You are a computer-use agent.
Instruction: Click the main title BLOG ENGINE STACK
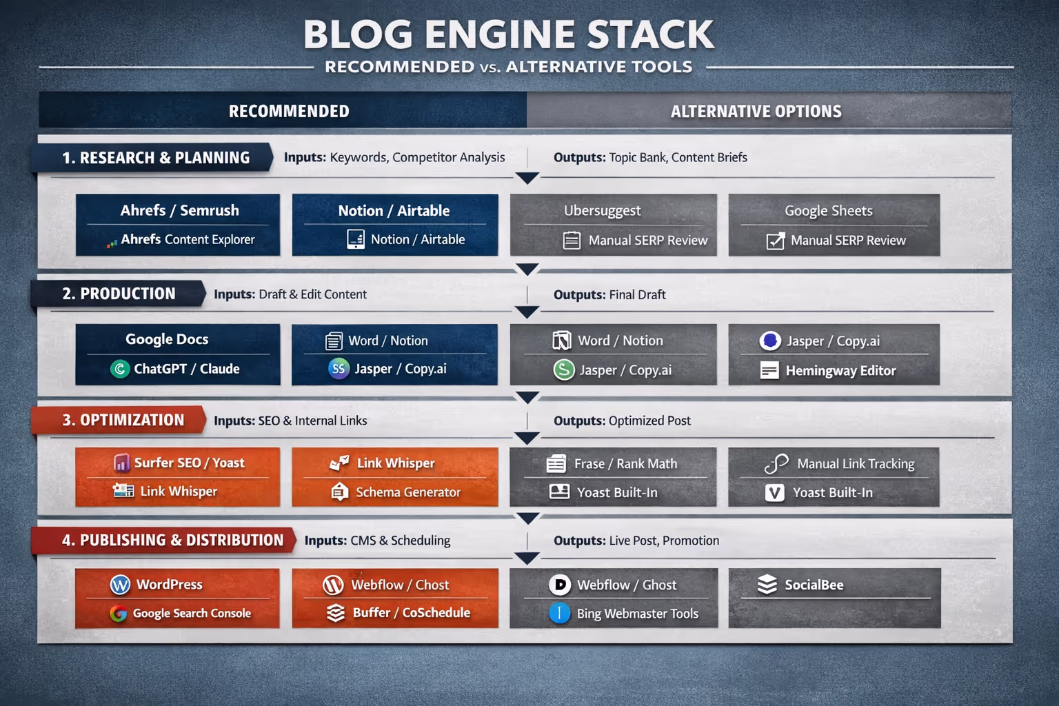click(x=509, y=34)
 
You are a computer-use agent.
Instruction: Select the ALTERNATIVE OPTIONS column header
click(x=756, y=112)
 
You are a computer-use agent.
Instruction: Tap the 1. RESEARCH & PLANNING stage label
click(x=156, y=158)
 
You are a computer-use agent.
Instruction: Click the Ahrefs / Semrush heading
click(x=179, y=210)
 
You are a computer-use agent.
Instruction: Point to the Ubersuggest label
click(x=602, y=211)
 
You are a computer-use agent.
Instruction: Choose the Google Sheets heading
click(x=828, y=211)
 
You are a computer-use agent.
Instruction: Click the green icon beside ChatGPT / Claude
click(x=120, y=369)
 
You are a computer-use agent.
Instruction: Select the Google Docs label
click(x=167, y=339)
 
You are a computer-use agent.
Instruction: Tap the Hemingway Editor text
click(x=840, y=371)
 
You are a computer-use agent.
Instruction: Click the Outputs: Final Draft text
click(x=609, y=295)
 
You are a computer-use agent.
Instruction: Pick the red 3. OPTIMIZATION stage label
click(x=123, y=421)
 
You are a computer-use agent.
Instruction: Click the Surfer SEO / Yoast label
click(x=189, y=463)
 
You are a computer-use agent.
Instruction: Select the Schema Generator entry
click(x=407, y=492)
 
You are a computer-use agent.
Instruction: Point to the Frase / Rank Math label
click(x=625, y=464)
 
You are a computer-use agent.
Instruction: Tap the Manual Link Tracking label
click(x=855, y=464)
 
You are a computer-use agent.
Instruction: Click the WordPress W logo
click(x=121, y=585)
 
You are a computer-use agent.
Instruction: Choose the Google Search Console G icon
click(x=119, y=614)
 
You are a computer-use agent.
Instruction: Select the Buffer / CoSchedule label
click(x=411, y=613)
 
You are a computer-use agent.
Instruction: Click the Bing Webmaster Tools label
click(x=637, y=614)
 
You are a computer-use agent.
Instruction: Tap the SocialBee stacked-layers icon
click(x=767, y=585)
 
